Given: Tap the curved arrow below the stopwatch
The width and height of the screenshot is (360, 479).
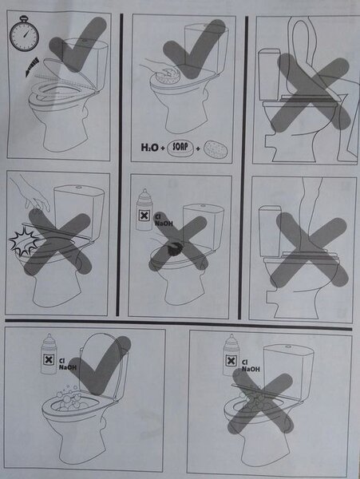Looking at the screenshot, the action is coord(33,66).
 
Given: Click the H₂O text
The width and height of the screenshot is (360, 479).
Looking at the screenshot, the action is coord(149,148).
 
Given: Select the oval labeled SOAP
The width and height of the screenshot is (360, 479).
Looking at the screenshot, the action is coord(180,148).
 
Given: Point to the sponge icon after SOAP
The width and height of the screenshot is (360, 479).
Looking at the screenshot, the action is coord(216,150).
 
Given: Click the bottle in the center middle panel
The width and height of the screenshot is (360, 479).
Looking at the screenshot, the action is coord(144,210).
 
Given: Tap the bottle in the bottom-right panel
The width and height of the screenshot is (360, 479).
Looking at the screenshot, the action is coord(231,355).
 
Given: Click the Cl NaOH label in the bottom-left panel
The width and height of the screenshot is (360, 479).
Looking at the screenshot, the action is coord(67,364).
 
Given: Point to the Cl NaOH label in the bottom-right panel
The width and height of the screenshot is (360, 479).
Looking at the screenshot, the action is coord(251,366).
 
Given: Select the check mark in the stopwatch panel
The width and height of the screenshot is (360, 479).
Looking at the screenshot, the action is coord(78,46).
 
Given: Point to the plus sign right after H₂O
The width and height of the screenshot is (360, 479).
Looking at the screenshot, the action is coord(163,148).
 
